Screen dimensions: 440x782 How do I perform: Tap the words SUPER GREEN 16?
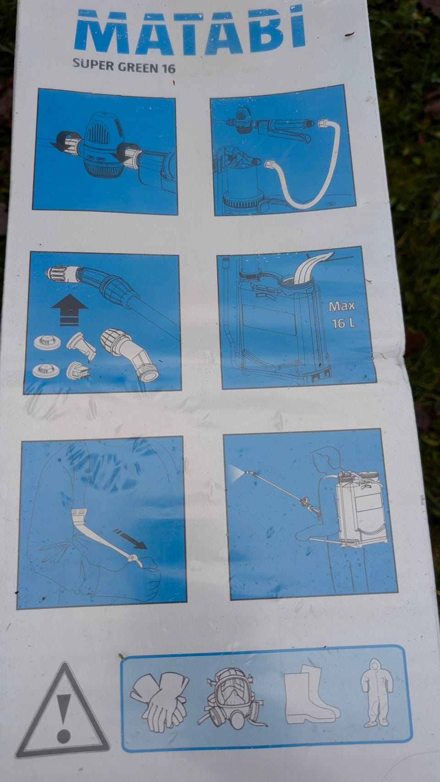124,66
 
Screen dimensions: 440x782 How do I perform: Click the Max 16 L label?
342,315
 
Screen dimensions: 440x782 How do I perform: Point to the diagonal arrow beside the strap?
130,539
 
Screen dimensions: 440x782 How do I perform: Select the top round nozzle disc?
48,342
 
